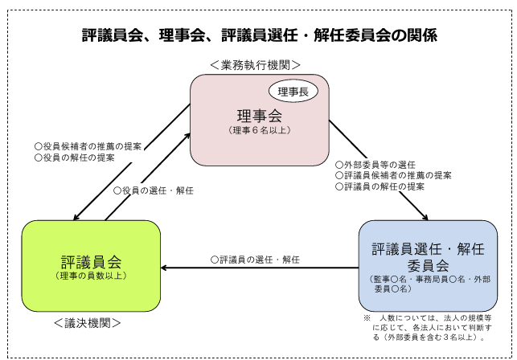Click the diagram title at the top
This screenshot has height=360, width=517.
260,35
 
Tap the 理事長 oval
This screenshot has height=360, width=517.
293,92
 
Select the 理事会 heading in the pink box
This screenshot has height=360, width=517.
260,116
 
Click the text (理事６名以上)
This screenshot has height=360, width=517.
260,130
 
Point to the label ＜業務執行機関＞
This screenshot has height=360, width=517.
255,65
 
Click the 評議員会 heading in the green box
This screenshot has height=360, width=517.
92,262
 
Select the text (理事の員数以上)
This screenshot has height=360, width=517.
91,276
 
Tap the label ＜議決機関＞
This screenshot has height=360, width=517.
88,323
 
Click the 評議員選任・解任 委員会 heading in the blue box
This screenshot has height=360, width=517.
428,257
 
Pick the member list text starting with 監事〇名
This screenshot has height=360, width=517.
430,284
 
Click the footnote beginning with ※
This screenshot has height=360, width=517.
428,327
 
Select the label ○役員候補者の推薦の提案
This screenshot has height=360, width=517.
88,146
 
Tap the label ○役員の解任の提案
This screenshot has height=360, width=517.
75,157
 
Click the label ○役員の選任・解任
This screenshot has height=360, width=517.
154,190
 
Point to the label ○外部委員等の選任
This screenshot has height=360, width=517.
375,165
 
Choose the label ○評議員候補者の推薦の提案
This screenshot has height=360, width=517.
393,175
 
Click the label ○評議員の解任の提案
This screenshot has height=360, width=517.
380,186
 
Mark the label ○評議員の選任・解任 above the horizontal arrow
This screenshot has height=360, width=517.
255,260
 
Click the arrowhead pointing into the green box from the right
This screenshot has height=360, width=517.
163,268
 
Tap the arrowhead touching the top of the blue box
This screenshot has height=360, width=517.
425,217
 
